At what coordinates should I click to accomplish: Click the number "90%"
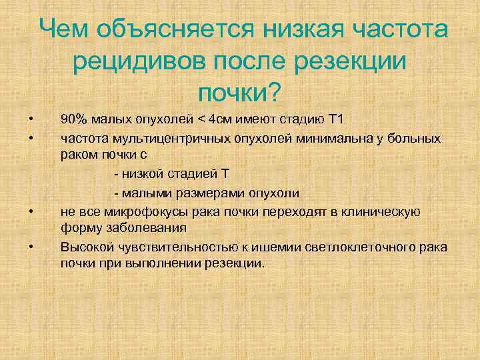click(73, 120)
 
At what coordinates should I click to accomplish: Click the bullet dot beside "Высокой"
click(31, 248)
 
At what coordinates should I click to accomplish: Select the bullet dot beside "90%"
click(31, 121)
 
